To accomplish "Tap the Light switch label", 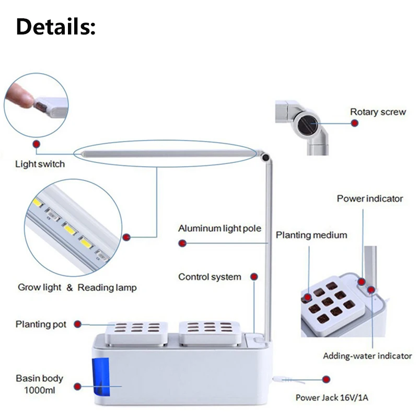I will [x=40, y=164].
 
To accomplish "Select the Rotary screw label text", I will [x=378, y=112].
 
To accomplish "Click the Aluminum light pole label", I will [x=219, y=228].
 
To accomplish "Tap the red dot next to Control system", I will [x=254, y=276].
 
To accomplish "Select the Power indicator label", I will [x=370, y=199].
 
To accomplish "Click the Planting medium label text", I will [x=311, y=235].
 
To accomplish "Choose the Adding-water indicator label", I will [x=367, y=356].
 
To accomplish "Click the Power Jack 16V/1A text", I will [x=332, y=398].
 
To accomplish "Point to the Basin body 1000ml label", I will [x=39, y=384].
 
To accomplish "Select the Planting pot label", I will [x=41, y=324].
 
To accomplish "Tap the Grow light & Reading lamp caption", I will [x=77, y=287].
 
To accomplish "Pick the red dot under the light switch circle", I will [x=36, y=143].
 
